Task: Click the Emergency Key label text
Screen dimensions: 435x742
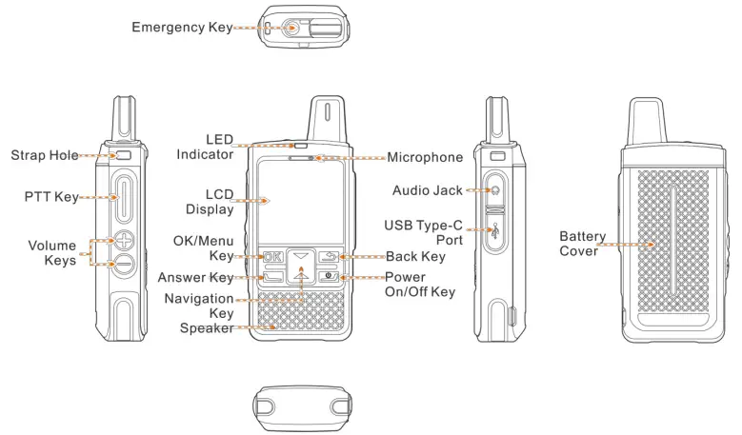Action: (182, 29)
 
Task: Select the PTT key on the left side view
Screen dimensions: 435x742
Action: (124, 197)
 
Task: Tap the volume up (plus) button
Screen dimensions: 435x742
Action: (124, 240)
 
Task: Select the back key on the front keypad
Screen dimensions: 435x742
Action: (331, 256)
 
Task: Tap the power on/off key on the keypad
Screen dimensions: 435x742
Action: (331, 277)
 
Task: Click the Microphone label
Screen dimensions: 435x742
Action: (425, 157)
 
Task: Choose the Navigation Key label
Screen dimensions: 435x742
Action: (198, 306)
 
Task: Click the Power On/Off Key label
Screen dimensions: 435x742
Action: (420, 285)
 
